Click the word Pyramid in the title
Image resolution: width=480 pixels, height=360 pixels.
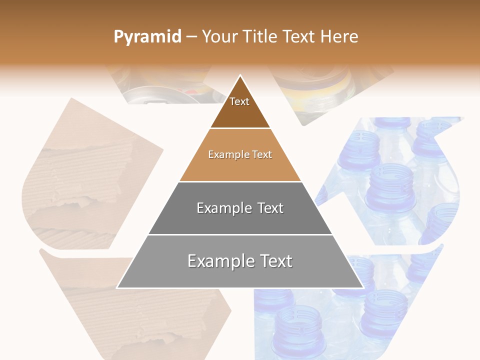coord(147,37)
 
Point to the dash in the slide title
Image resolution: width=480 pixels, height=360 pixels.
coord(191,37)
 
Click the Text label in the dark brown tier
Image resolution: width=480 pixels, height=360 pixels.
coord(239,101)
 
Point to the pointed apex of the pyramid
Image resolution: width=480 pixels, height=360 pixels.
coord(240,76)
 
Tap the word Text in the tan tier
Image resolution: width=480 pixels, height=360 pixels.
coord(262,154)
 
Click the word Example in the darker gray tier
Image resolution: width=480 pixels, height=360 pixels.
coord(221,208)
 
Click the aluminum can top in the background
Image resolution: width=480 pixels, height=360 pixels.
coord(150,95)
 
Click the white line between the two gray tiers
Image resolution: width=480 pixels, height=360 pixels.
coord(240,234)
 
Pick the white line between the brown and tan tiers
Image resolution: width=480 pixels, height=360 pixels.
coord(240,128)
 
